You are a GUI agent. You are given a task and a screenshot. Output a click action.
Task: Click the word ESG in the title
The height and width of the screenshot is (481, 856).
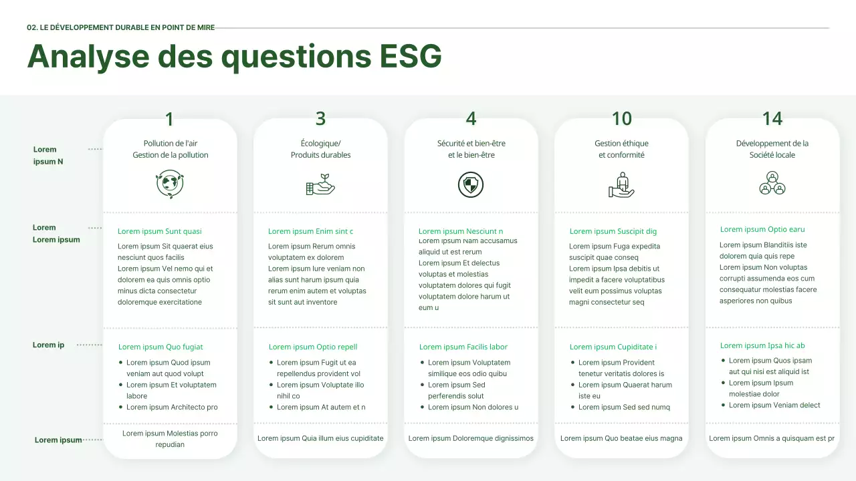[411, 56]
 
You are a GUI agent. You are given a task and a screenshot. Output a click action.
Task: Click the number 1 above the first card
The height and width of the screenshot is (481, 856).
[169, 120]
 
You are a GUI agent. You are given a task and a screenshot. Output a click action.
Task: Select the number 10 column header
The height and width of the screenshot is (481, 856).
[621, 118]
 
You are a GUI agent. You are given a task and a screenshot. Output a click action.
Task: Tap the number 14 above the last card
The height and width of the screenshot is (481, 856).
[772, 118]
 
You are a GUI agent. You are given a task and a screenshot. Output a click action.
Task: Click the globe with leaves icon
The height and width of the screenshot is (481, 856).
[170, 184]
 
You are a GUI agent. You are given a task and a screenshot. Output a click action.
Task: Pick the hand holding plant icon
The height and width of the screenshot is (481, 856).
[320, 184]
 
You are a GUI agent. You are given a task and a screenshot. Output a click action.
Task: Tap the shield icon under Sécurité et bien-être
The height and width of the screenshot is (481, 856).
[471, 184]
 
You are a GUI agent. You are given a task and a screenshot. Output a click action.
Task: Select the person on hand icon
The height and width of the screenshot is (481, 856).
[621, 184]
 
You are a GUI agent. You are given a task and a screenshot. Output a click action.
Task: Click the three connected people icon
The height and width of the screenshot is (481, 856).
[772, 183]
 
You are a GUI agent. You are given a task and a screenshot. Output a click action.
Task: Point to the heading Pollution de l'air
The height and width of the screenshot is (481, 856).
[170, 143]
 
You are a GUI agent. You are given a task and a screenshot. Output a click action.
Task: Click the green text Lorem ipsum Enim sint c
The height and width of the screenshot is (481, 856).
[310, 231]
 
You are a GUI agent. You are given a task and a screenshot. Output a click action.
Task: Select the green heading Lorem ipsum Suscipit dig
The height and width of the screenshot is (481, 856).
[613, 231]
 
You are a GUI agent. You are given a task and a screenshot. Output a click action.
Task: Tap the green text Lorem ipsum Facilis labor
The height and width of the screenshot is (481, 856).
[463, 347]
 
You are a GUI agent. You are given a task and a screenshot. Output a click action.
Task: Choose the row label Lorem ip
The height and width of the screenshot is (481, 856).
[48, 345]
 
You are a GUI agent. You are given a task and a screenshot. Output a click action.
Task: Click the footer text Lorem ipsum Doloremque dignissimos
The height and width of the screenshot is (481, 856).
[471, 438]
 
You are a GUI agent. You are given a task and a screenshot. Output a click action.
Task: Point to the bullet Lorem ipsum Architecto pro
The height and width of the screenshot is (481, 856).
[172, 407]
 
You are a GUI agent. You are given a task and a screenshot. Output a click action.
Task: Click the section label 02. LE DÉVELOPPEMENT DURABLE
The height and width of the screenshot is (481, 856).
[120, 28]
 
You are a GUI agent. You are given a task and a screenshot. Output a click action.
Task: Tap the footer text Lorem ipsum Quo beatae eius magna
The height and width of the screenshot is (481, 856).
[621, 438]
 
